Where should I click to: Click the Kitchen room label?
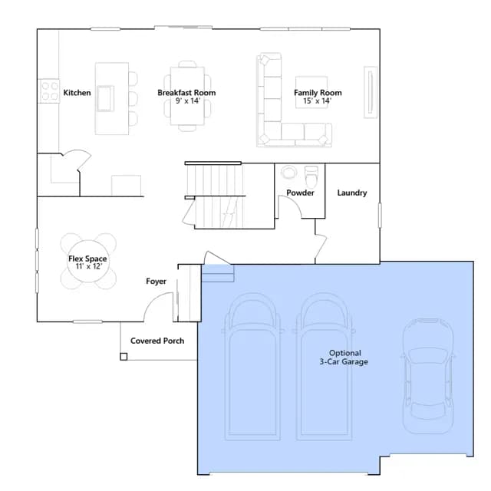click(77, 93)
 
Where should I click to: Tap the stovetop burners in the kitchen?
click(49, 91)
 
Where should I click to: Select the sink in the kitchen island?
click(105, 98)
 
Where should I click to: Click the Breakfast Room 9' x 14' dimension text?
click(187, 101)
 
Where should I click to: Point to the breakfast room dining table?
click(187, 96)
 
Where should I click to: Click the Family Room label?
click(318, 93)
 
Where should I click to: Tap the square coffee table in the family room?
click(311, 92)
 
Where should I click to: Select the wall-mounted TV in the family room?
click(371, 92)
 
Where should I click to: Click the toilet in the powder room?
click(311, 176)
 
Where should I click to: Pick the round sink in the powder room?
click(288, 173)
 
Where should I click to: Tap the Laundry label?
click(352, 193)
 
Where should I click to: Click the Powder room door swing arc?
click(295, 202)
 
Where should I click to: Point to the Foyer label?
click(156, 282)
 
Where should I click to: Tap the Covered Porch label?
click(157, 341)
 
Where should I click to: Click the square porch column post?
click(124, 357)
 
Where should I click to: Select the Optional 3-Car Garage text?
click(344, 358)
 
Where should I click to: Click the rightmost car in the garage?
click(428, 376)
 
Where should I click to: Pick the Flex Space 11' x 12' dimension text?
click(89, 266)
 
